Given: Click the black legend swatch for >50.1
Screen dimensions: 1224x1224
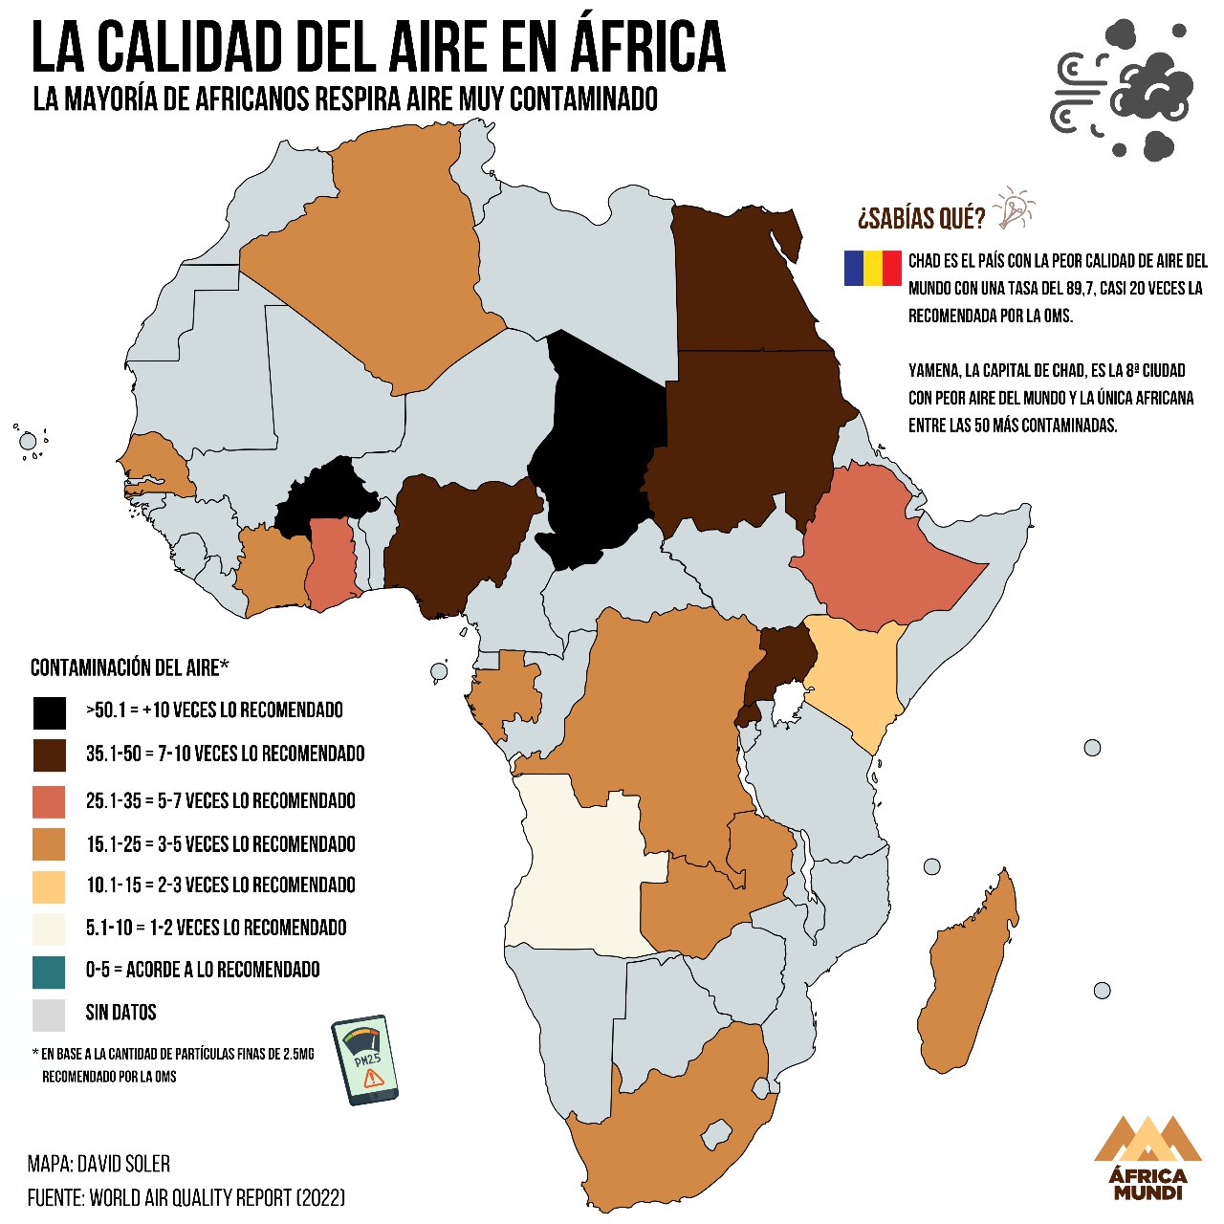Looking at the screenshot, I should (49, 712).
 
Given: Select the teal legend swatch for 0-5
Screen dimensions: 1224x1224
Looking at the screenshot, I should (49, 972).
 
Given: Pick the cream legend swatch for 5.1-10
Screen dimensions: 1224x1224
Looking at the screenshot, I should (49, 929).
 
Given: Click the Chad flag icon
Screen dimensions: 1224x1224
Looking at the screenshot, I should (872, 268).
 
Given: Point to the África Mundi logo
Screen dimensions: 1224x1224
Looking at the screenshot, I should (1147, 1157).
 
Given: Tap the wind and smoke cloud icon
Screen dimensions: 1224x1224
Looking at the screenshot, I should (1123, 91).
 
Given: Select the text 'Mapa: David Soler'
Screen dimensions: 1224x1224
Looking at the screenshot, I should (99, 1164).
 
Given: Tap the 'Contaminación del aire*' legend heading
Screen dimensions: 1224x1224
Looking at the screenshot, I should (130, 667).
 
